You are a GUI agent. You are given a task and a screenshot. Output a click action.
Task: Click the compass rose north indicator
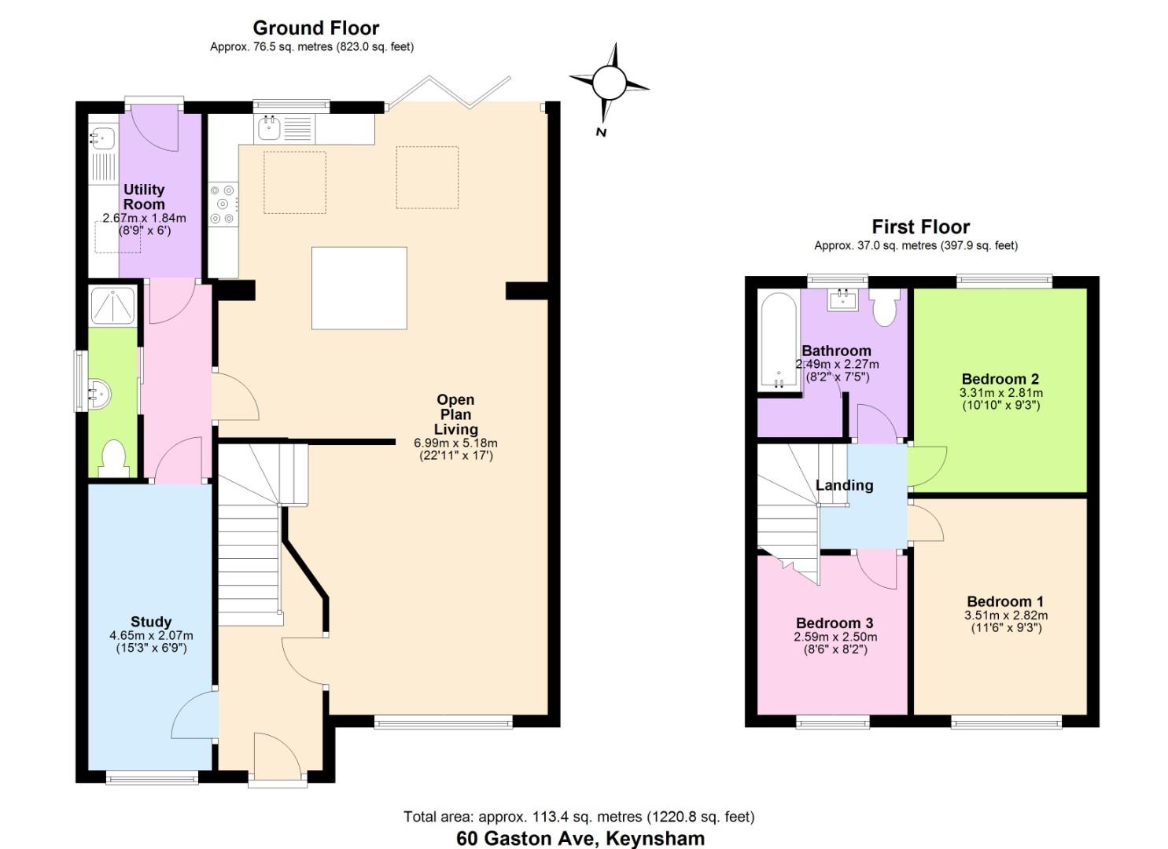[609, 83]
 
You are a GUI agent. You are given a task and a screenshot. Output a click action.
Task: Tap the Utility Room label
[144, 197]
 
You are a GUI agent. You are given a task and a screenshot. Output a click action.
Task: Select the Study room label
[151, 622]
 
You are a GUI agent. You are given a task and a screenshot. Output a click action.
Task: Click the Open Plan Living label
[456, 414]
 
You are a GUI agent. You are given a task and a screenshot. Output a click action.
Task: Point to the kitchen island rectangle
[359, 288]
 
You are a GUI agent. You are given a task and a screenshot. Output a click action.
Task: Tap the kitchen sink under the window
[269, 127]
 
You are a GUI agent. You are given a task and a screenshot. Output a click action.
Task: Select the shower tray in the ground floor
[112, 304]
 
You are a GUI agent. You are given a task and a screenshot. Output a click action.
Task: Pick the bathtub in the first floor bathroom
[778, 341]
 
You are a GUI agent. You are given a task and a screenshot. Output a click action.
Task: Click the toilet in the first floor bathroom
[885, 307]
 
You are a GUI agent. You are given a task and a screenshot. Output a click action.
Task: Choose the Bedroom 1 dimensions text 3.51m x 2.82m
[1006, 616]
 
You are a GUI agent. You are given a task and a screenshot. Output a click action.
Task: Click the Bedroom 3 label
[835, 623]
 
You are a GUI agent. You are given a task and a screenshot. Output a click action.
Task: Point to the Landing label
[844, 485]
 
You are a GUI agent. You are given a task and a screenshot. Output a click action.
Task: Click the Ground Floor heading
[315, 28]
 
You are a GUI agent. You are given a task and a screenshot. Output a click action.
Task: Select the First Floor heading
[920, 227]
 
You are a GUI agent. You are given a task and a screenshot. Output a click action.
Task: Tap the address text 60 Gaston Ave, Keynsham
[580, 838]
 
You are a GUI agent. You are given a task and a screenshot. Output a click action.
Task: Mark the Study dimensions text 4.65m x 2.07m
[151, 636]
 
